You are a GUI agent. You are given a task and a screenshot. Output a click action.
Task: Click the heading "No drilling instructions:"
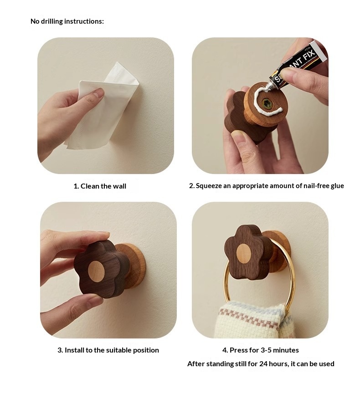click(67, 21)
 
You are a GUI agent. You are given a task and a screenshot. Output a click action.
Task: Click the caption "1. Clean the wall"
click(100, 186)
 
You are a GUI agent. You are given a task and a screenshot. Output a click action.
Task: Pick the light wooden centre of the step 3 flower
click(96, 271)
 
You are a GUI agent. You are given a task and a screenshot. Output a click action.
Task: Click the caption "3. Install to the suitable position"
click(108, 350)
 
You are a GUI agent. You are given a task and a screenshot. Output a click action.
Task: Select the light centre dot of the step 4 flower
click(243, 254)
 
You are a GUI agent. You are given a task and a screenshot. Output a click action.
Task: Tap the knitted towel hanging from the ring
click(252, 321)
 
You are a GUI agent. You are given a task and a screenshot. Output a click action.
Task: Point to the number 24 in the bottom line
click(263, 364)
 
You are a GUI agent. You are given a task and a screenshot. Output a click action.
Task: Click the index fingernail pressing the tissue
click(99, 92)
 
